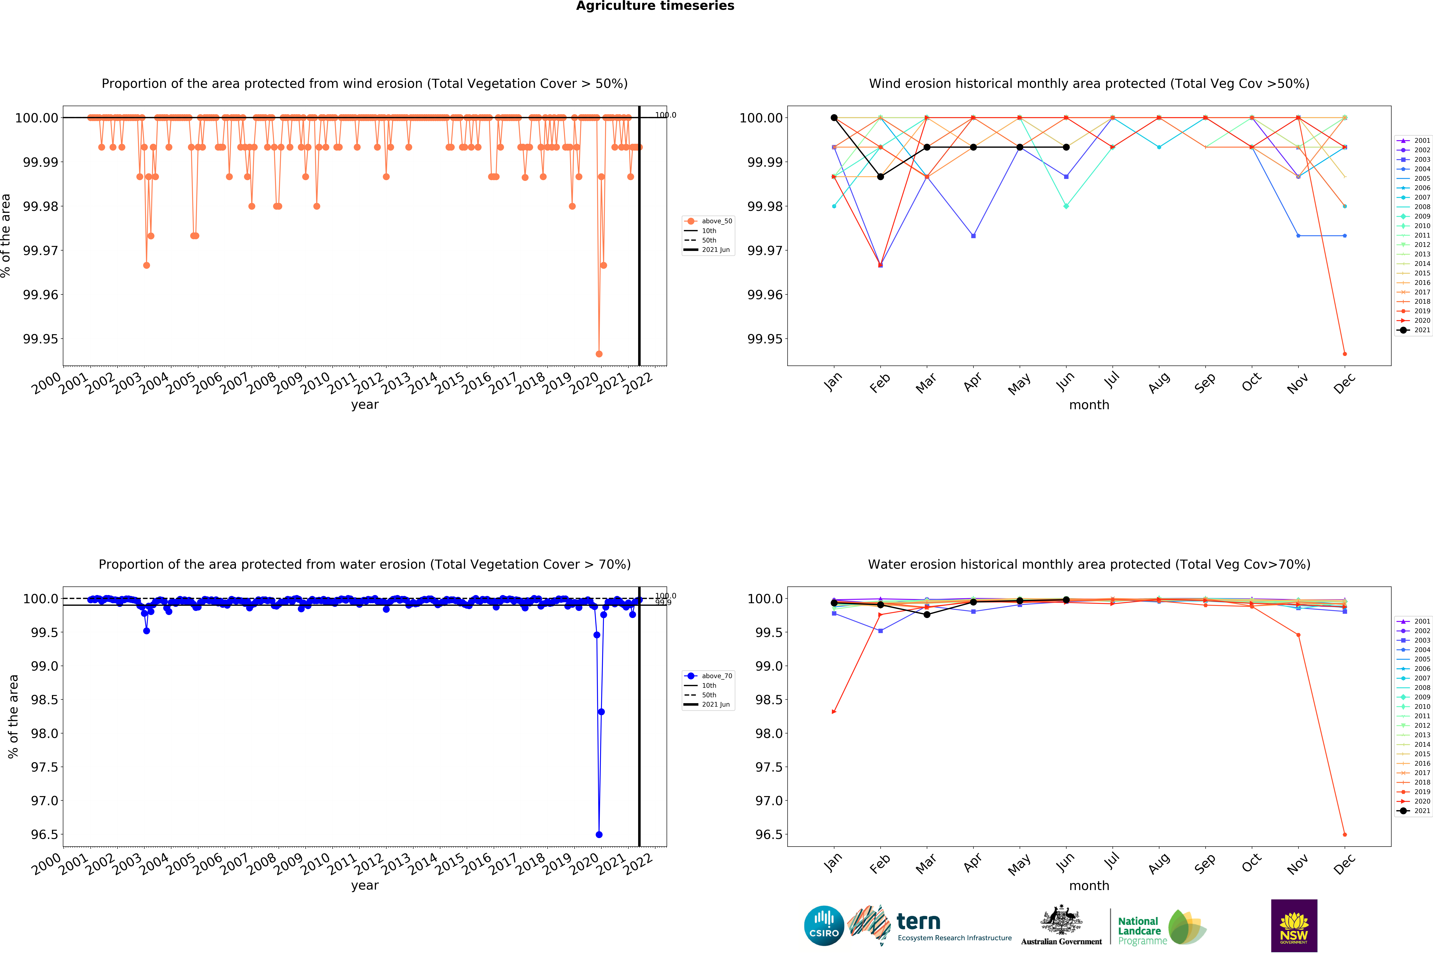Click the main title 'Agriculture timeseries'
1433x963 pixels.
(x=655, y=6)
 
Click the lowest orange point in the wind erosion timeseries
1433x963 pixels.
(x=599, y=354)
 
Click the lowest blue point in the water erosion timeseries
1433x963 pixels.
(x=599, y=835)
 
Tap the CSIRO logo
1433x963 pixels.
(x=824, y=925)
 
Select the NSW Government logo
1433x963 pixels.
(x=1294, y=925)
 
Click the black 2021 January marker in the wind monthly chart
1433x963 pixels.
(x=834, y=118)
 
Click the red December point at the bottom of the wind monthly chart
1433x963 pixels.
(x=1345, y=354)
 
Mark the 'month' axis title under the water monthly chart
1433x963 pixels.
(x=1089, y=886)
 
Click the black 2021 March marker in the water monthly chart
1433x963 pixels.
(x=927, y=614)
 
